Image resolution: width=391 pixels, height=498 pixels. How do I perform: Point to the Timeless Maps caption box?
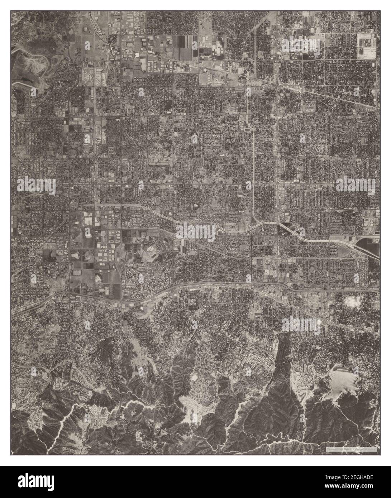tap(351, 449)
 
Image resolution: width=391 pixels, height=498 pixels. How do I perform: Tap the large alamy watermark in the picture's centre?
tap(195, 232)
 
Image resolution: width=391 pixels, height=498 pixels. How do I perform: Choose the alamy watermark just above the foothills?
tap(301, 325)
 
